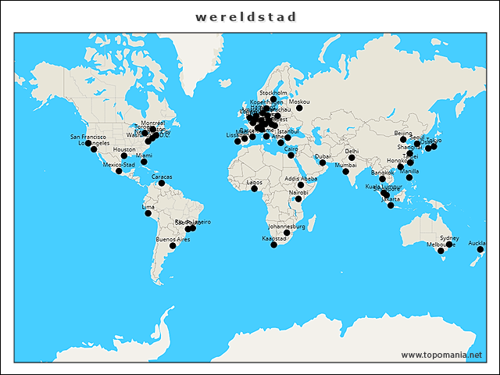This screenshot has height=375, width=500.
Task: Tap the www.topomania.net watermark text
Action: tap(441, 355)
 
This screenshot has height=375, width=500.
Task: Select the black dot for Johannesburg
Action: tap(287, 233)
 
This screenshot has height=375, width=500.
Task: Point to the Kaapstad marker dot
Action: tap(273, 245)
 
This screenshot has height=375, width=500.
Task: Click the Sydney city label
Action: tap(449, 237)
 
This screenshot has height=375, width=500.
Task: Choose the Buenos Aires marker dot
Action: tap(173, 245)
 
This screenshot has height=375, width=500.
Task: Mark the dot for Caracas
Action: tap(162, 184)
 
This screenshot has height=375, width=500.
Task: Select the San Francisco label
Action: tap(87, 137)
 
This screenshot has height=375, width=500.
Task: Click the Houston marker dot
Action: tap(124, 155)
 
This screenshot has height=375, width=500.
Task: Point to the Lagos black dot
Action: tap(254, 188)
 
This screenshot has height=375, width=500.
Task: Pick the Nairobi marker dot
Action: tap(298, 198)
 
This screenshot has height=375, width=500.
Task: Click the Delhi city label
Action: tap(352, 151)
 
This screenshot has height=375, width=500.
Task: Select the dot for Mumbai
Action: tap(345, 172)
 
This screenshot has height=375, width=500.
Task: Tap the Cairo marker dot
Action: tap(291, 155)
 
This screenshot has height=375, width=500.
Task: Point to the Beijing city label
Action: tap(403, 134)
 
